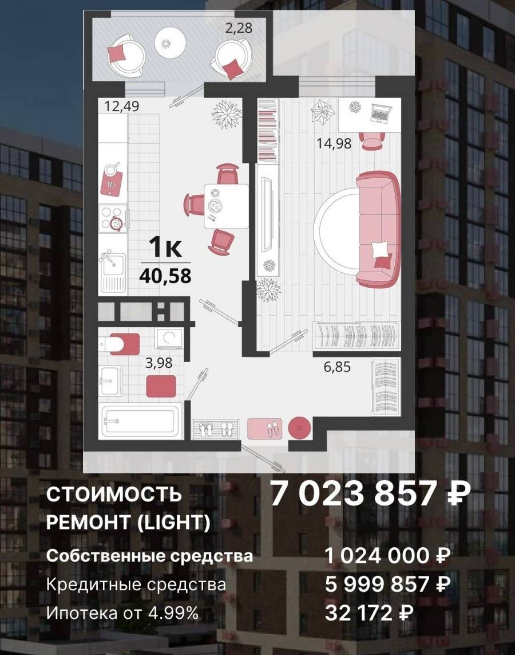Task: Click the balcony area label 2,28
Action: [239, 28]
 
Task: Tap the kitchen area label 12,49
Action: [122, 106]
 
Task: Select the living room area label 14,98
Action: [334, 144]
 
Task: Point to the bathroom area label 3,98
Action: [159, 363]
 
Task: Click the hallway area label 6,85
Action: [337, 367]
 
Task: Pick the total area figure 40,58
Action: [165, 276]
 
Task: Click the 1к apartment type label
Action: [165, 248]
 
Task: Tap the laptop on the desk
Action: [381, 112]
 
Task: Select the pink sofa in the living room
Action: [379, 229]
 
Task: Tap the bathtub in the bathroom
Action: [140, 421]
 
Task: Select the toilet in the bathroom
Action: [120, 344]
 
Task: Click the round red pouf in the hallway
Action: [299, 427]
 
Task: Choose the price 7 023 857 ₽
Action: [371, 493]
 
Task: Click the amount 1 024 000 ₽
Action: [387, 556]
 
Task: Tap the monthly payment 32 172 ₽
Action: [370, 613]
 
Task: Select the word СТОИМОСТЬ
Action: [114, 495]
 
